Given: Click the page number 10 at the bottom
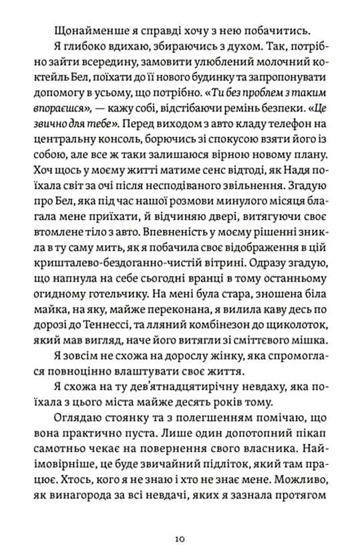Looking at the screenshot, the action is pyautogui.click(x=180, y=537).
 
